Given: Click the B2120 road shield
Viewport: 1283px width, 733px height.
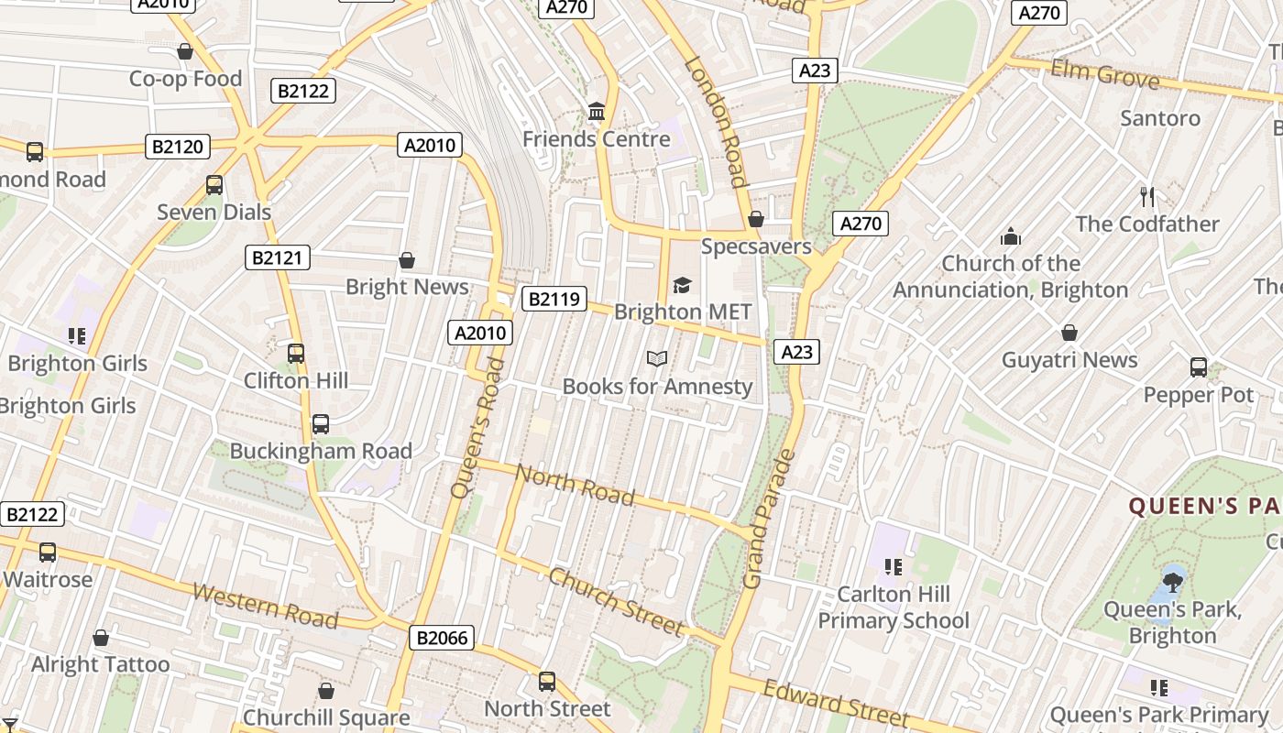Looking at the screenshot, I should point(178,146).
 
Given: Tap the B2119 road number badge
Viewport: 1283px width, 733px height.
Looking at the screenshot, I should point(554,299).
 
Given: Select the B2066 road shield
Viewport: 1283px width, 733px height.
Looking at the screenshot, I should point(443,638).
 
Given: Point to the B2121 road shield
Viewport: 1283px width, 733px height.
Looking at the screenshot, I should point(278,257).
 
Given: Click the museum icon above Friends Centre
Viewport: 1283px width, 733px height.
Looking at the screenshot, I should point(597,112).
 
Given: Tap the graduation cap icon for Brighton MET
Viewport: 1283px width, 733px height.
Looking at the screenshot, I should point(682,285).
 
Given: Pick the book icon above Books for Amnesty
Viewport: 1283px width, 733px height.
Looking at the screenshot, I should point(657,358).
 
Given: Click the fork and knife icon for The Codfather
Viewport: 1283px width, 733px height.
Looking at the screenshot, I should point(1146,196).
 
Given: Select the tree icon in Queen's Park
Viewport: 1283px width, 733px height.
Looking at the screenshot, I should point(1172,581).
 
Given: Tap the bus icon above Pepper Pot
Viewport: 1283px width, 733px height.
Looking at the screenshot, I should point(1198,367).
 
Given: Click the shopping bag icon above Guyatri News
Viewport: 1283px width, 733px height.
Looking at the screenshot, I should point(1069,332).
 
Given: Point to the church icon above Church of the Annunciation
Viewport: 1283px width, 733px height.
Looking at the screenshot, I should point(1011,236).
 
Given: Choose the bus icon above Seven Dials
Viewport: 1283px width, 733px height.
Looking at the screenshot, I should point(214,184).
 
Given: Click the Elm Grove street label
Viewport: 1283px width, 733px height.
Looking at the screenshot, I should point(1104,73).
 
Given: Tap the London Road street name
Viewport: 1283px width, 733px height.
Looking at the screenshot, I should point(716,122).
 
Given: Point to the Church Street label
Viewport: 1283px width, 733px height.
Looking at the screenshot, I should point(616,601).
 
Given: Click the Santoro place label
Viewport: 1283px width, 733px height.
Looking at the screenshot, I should point(1159,118).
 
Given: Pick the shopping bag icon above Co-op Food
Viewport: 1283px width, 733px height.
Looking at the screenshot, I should point(185,51).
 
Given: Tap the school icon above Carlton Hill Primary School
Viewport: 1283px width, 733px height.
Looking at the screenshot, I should point(893,567).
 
